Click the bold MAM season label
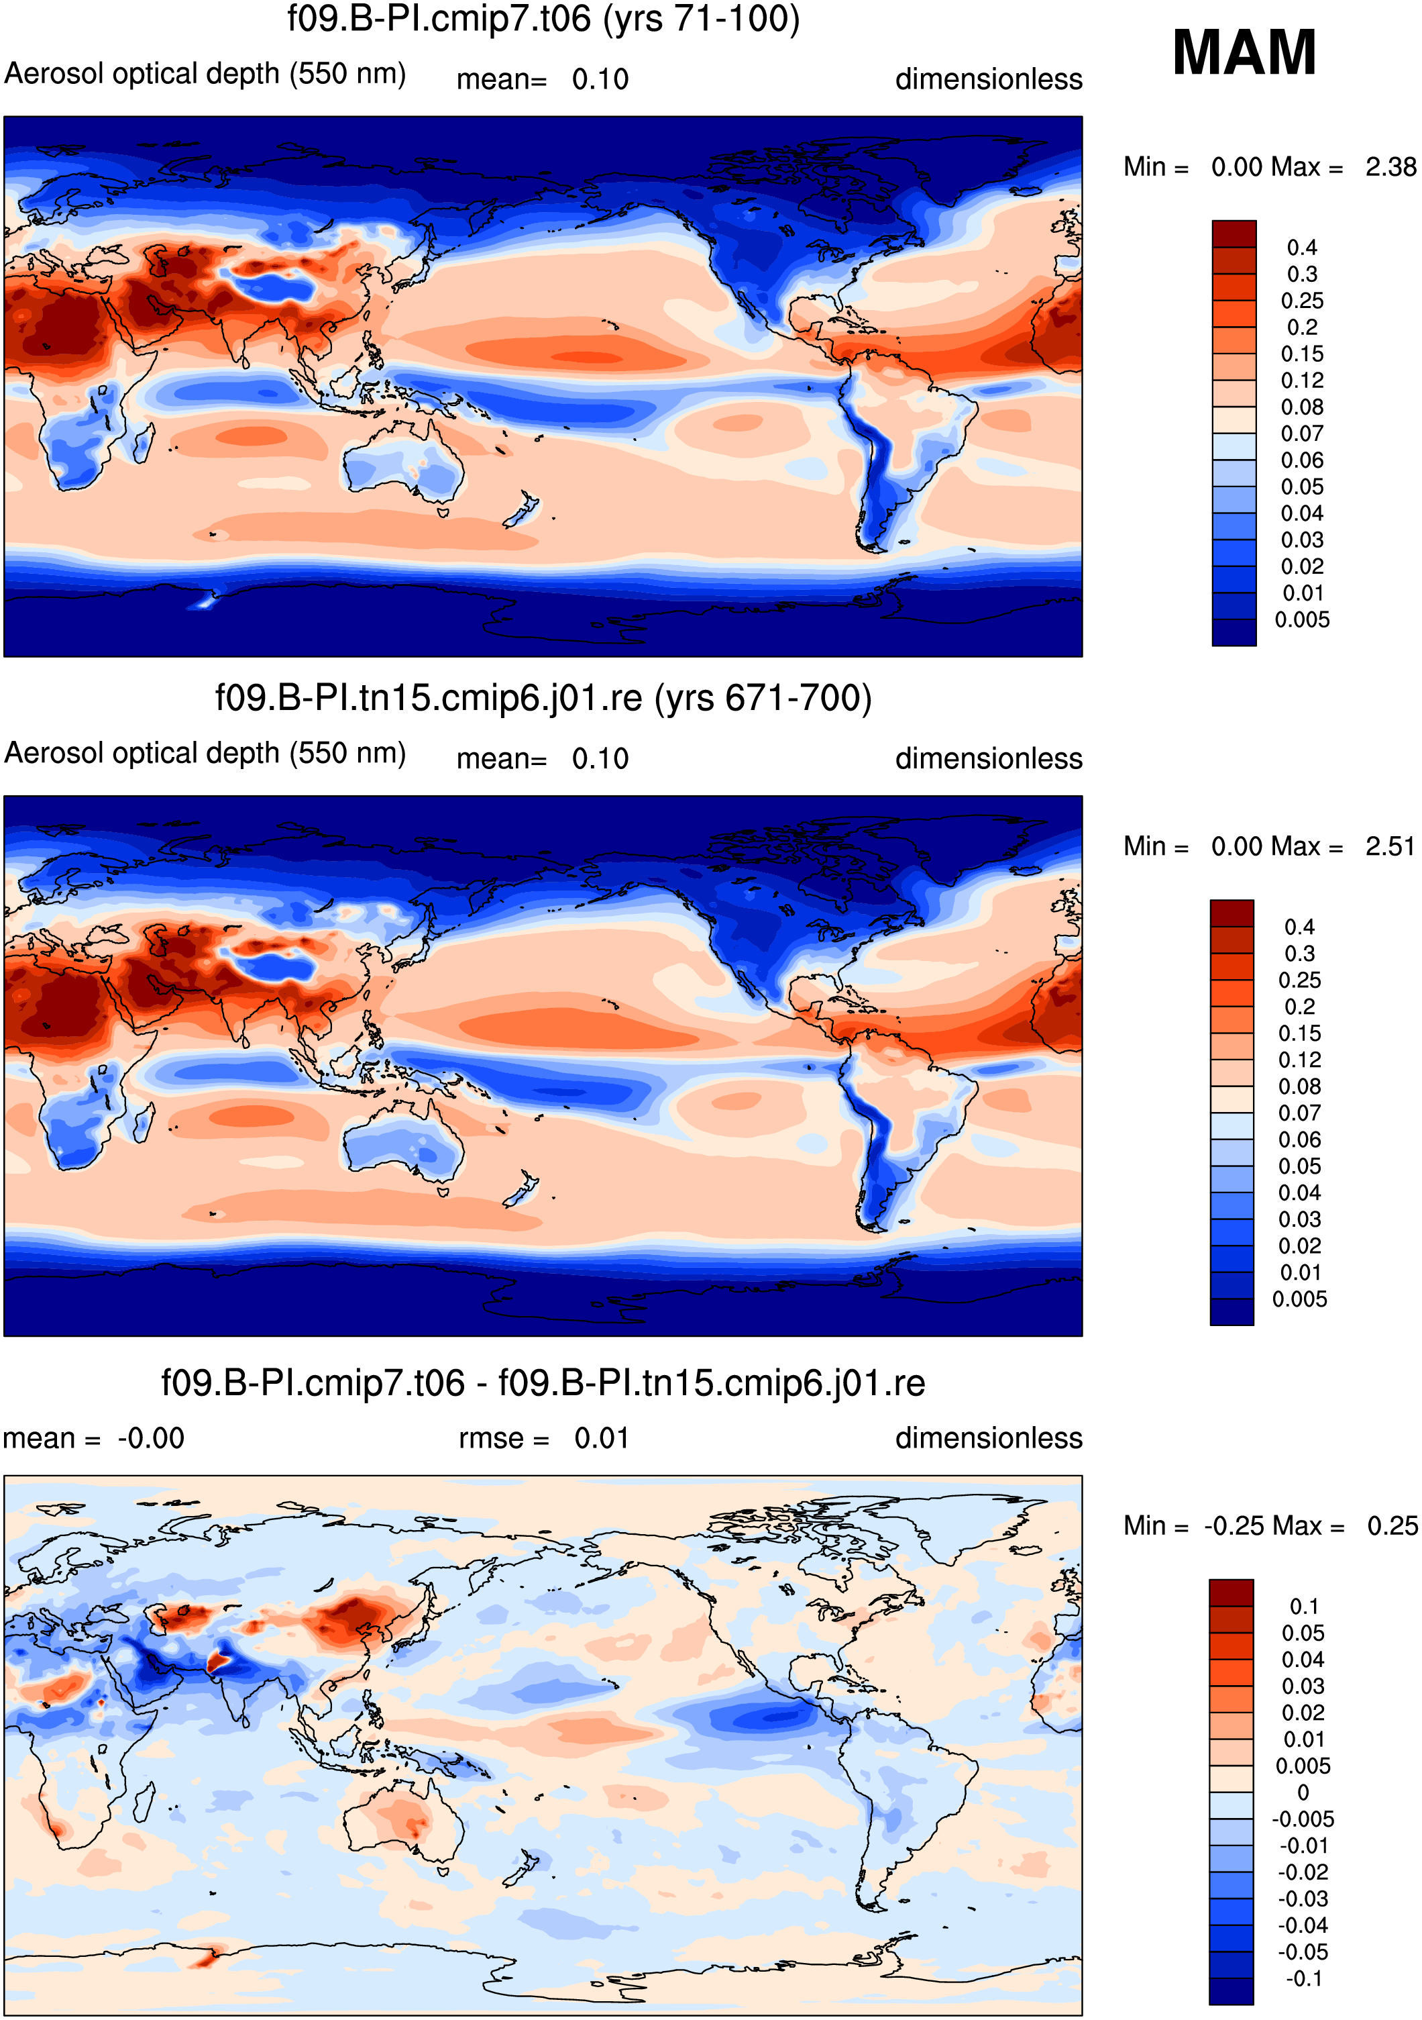[x=1244, y=53]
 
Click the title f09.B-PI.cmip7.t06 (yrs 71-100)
[x=543, y=19]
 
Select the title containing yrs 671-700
[x=543, y=699]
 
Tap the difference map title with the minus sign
[x=543, y=1383]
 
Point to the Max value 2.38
[x=1390, y=167]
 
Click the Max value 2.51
[x=1390, y=846]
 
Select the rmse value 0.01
[x=602, y=1438]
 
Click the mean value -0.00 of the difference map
[x=150, y=1438]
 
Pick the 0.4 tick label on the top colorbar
[x=1301, y=247]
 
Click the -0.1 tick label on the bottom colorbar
[x=1304, y=1978]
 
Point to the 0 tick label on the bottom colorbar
[x=1303, y=1792]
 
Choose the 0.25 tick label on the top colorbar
[x=1301, y=301]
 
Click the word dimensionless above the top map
[x=989, y=79]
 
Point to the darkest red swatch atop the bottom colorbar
[x=1231, y=1593]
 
